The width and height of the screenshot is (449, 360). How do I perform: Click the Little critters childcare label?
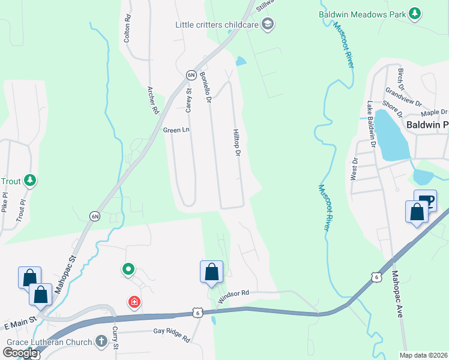[x=216, y=25]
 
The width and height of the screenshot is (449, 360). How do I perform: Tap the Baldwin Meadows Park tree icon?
[x=414, y=13]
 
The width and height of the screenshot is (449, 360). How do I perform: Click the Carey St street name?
[x=188, y=101]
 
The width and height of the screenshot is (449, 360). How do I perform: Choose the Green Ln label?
[x=176, y=129]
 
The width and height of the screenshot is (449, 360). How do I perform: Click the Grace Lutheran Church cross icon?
[x=101, y=342]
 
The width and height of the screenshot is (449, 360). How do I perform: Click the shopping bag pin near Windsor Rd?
[x=211, y=272]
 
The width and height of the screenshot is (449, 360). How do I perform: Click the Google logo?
[x=20, y=353]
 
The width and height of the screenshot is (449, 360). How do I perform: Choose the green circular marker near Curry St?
[x=128, y=271]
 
